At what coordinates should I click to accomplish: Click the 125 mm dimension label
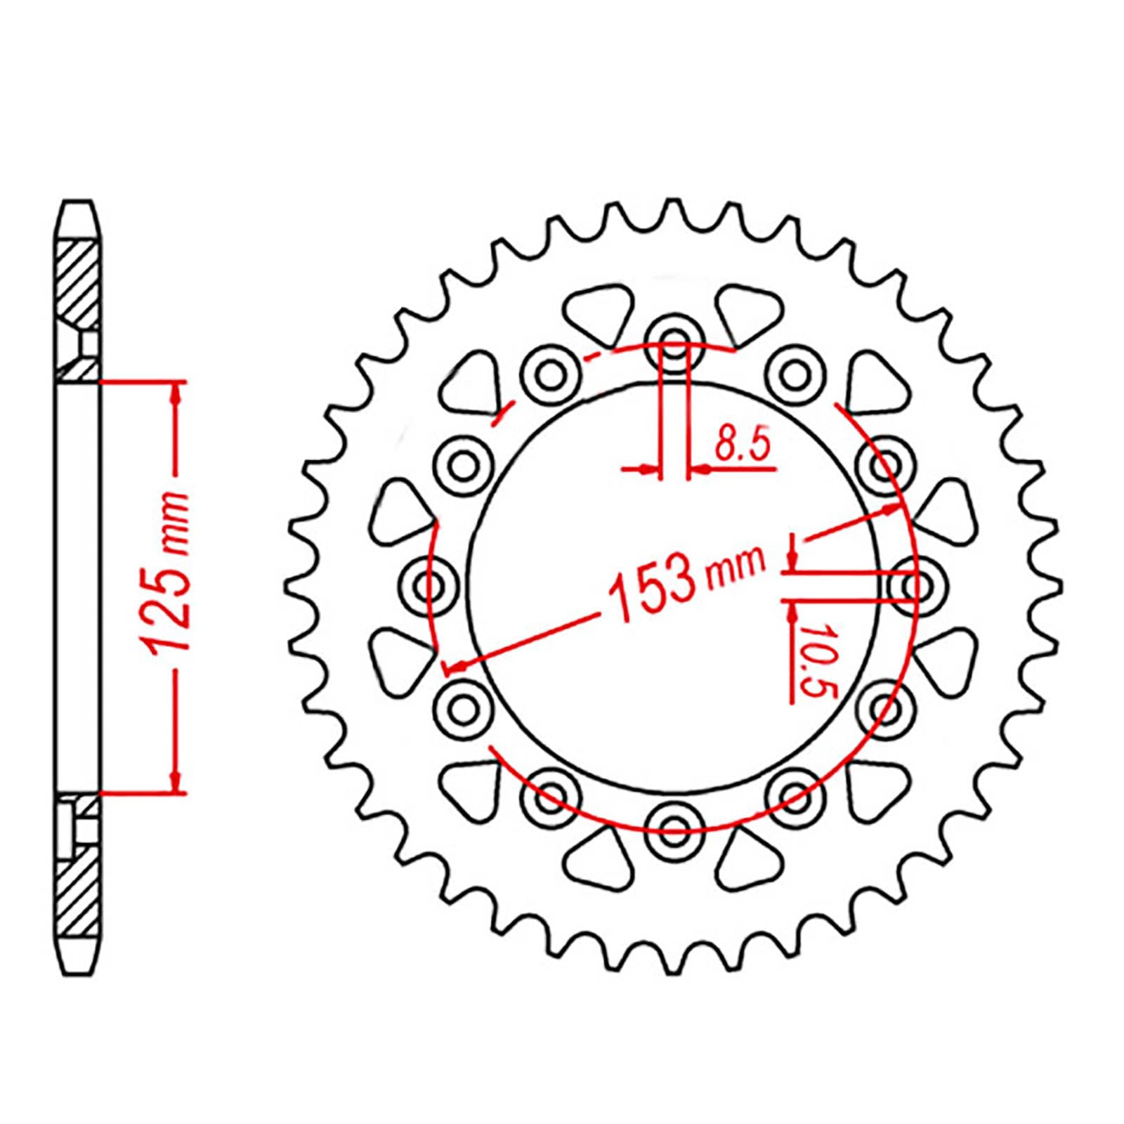(166, 573)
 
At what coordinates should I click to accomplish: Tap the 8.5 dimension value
(743, 444)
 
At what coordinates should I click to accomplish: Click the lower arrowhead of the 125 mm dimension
(176, 780)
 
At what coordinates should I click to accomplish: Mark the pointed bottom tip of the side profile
(77, 973)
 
